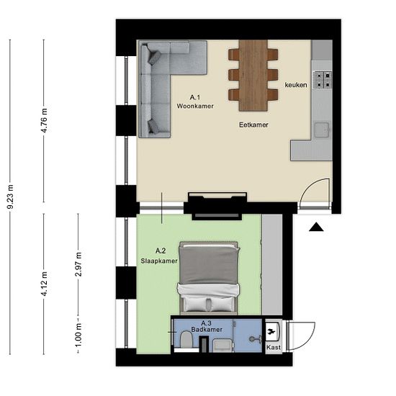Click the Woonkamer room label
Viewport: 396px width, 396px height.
pyautogui.click(x=195, y=106)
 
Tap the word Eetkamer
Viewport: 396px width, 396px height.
pyautogui.click(x=253, y=125)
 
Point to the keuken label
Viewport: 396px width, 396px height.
pyautogui.click(x=296, y=85)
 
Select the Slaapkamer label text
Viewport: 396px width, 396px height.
pyautogui.click(x=159, y=261)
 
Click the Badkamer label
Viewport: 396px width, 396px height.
pyautogui.click(x=207, y=330)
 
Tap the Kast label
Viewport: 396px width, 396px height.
pyautogui.click(x=274, y=348)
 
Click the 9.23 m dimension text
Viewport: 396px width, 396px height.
pyautogui.click(x=10, y=197)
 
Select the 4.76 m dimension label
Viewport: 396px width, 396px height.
pyautogui.click(x=44, y=120)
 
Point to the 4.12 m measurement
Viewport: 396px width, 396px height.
pyautogui.click(x=44, y=284)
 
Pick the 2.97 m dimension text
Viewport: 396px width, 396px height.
pyautogui.click(x=78, y=264)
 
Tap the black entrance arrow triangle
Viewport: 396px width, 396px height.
pyautogui.click(x=316, y=228)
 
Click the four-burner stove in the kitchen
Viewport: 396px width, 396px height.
pyautogui.click(x=323, y=80)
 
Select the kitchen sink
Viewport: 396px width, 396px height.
pyautogui.click(x=322, y=130)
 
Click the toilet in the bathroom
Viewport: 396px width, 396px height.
pyautogui.click(x=186, y=339)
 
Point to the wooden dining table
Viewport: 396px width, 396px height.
pyautogui.click(x=253, y=76)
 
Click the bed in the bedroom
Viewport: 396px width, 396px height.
pyautogui.click(x=209, y=278)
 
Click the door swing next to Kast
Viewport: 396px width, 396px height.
pyautogui.click(x=302, y=336)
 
